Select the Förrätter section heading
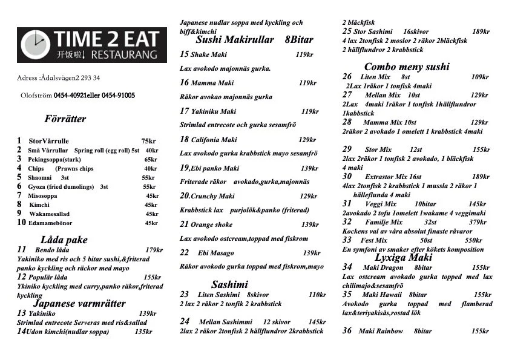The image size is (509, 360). pyautogui.click(x=65, y=119)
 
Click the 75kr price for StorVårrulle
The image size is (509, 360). pyautogui.click(x=149, y=141)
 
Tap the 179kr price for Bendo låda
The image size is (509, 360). pyautogui.click(x=154, y=250)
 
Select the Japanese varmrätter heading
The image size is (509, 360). pyautogui.click(x=80, y=303)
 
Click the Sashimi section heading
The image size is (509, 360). pyautogui.click(x=229, y=284)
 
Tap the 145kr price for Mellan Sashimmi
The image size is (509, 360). pyautogui.click(x=317, y=322)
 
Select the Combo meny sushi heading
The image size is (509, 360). pyautogui.click(x=407, y=67)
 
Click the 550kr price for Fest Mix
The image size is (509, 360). pyautogui.click(x=473, y=240)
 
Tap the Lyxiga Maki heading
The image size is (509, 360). pyautogui.click(x=404, y=257)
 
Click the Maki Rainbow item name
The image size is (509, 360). pyautogui.click(x=381, y=331)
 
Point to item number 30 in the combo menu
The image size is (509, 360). pyautogui.click(x=347, y=176)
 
